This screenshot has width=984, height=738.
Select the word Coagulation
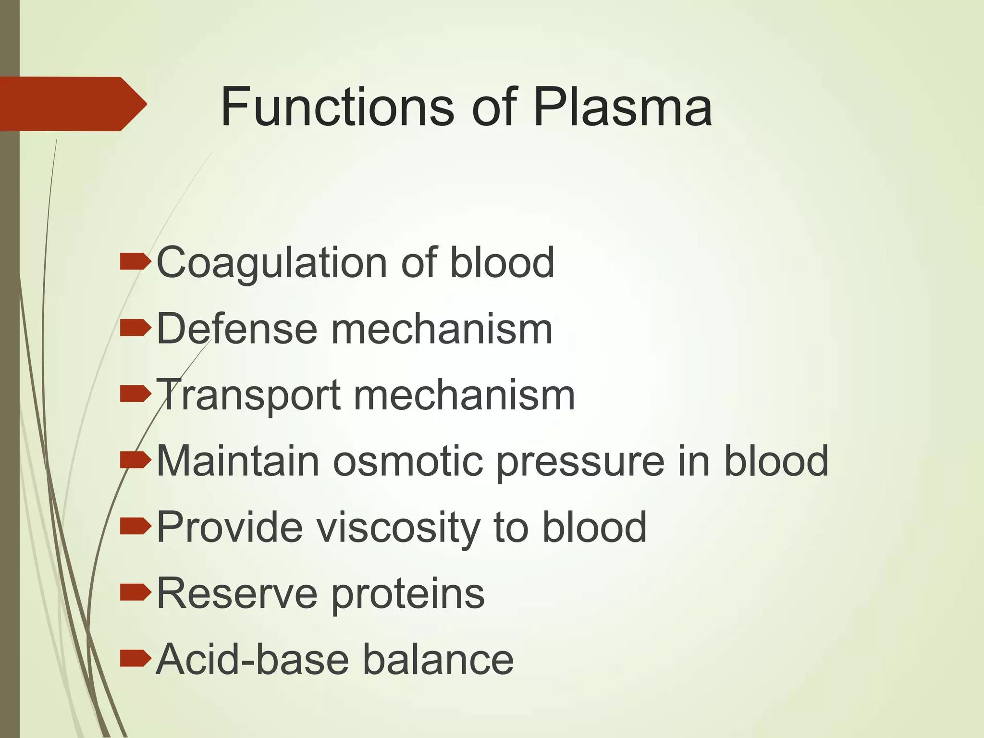pyautogui.click(x=272, y=263)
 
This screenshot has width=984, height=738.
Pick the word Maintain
pyautogui.click(x=238, y=461)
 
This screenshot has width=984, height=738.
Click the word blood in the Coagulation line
pyautogui.click(x=503, y=263)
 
